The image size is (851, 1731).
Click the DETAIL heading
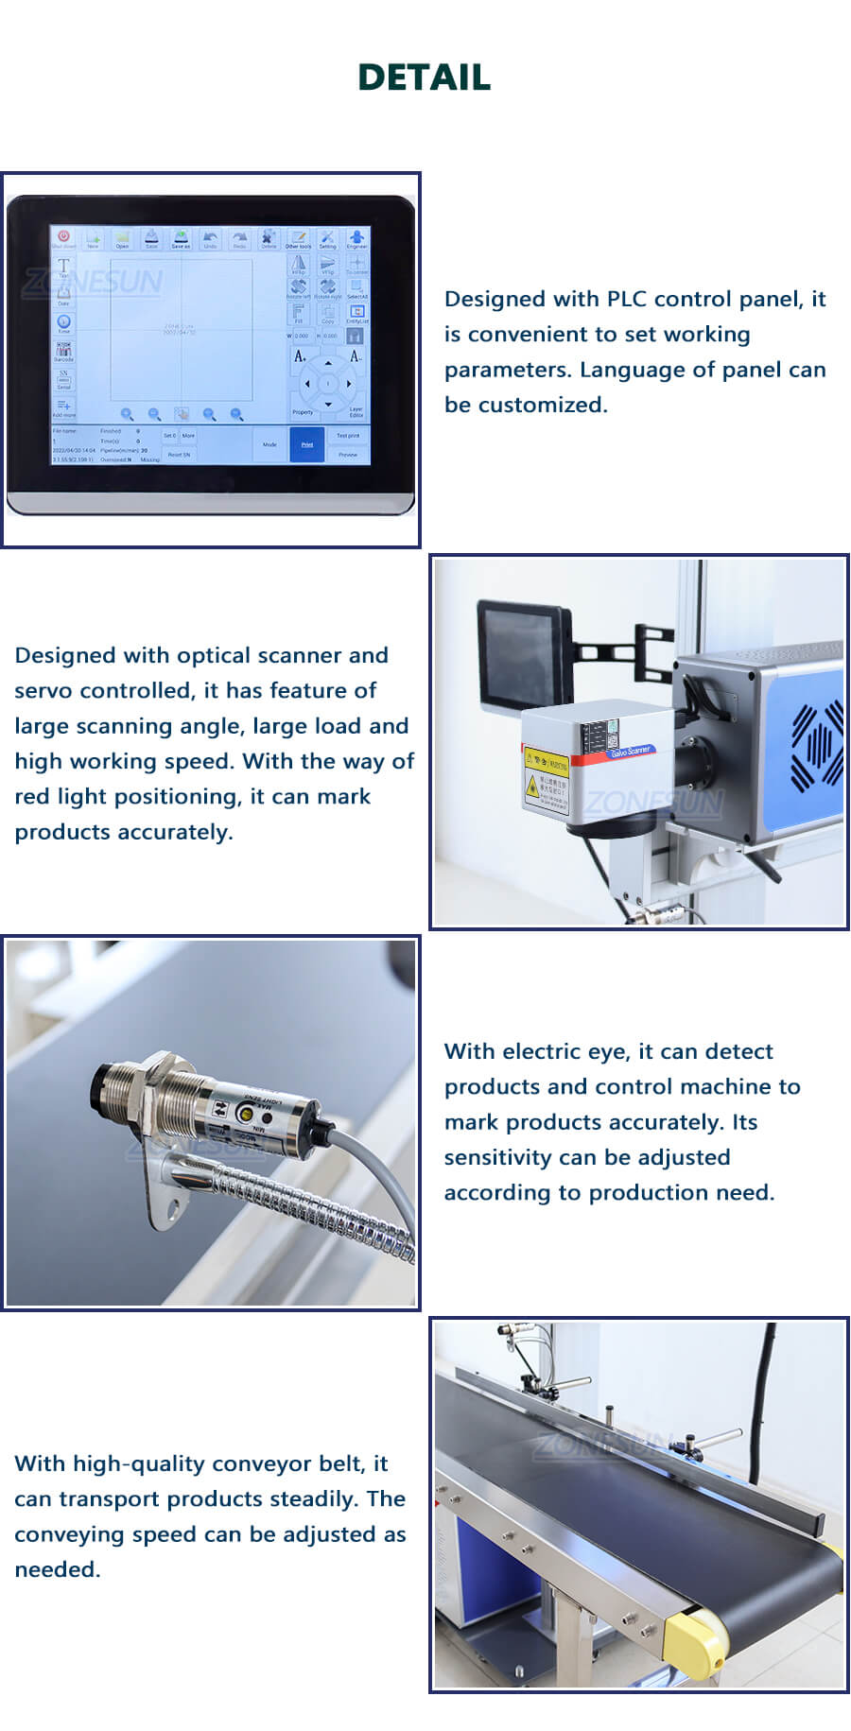coord(425,78)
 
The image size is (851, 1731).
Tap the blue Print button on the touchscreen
coord(307,444)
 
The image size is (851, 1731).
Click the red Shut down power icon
coord(63,236)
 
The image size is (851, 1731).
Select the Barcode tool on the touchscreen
coord(63,352)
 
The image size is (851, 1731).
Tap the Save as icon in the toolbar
coord(181,238)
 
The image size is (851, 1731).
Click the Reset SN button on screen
coord(179,455)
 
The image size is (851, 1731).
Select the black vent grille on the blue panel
coord(816,747)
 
